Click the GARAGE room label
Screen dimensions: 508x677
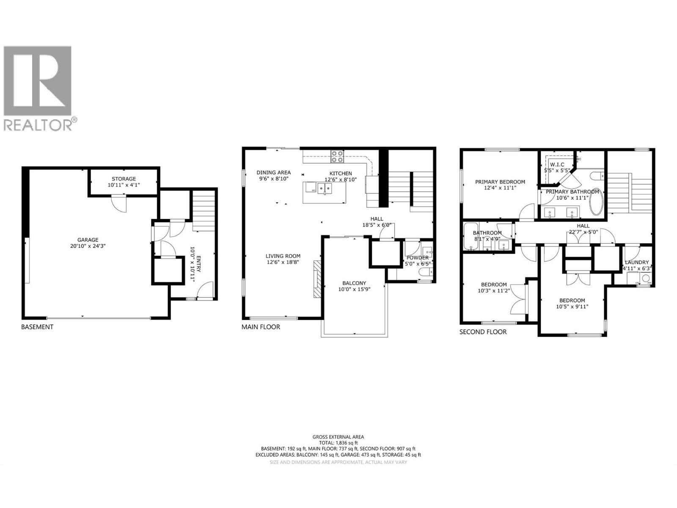click(x=88, y=240)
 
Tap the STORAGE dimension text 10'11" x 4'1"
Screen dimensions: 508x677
click(x=124, y=185)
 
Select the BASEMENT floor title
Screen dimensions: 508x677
click(x=37, y=327)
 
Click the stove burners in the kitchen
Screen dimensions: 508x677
click(x=337, y=157)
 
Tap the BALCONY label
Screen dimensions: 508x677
click(x=354, y=283)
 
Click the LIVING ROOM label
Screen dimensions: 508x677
click(x=283, y=256)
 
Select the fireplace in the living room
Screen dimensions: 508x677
click(x=317, y=279)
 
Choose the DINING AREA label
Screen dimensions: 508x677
click(x=273, y=172)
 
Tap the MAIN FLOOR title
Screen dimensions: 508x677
click(x=261, y=327)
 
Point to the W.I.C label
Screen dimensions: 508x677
click(x=557, y=164)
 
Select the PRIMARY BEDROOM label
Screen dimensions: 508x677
click(x=500, y=182)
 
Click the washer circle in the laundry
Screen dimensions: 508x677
click(x=646, y=278)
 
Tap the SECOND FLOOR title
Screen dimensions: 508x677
click(x=483, y=332)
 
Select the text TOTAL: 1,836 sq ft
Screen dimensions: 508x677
click(x=338, y=443)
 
